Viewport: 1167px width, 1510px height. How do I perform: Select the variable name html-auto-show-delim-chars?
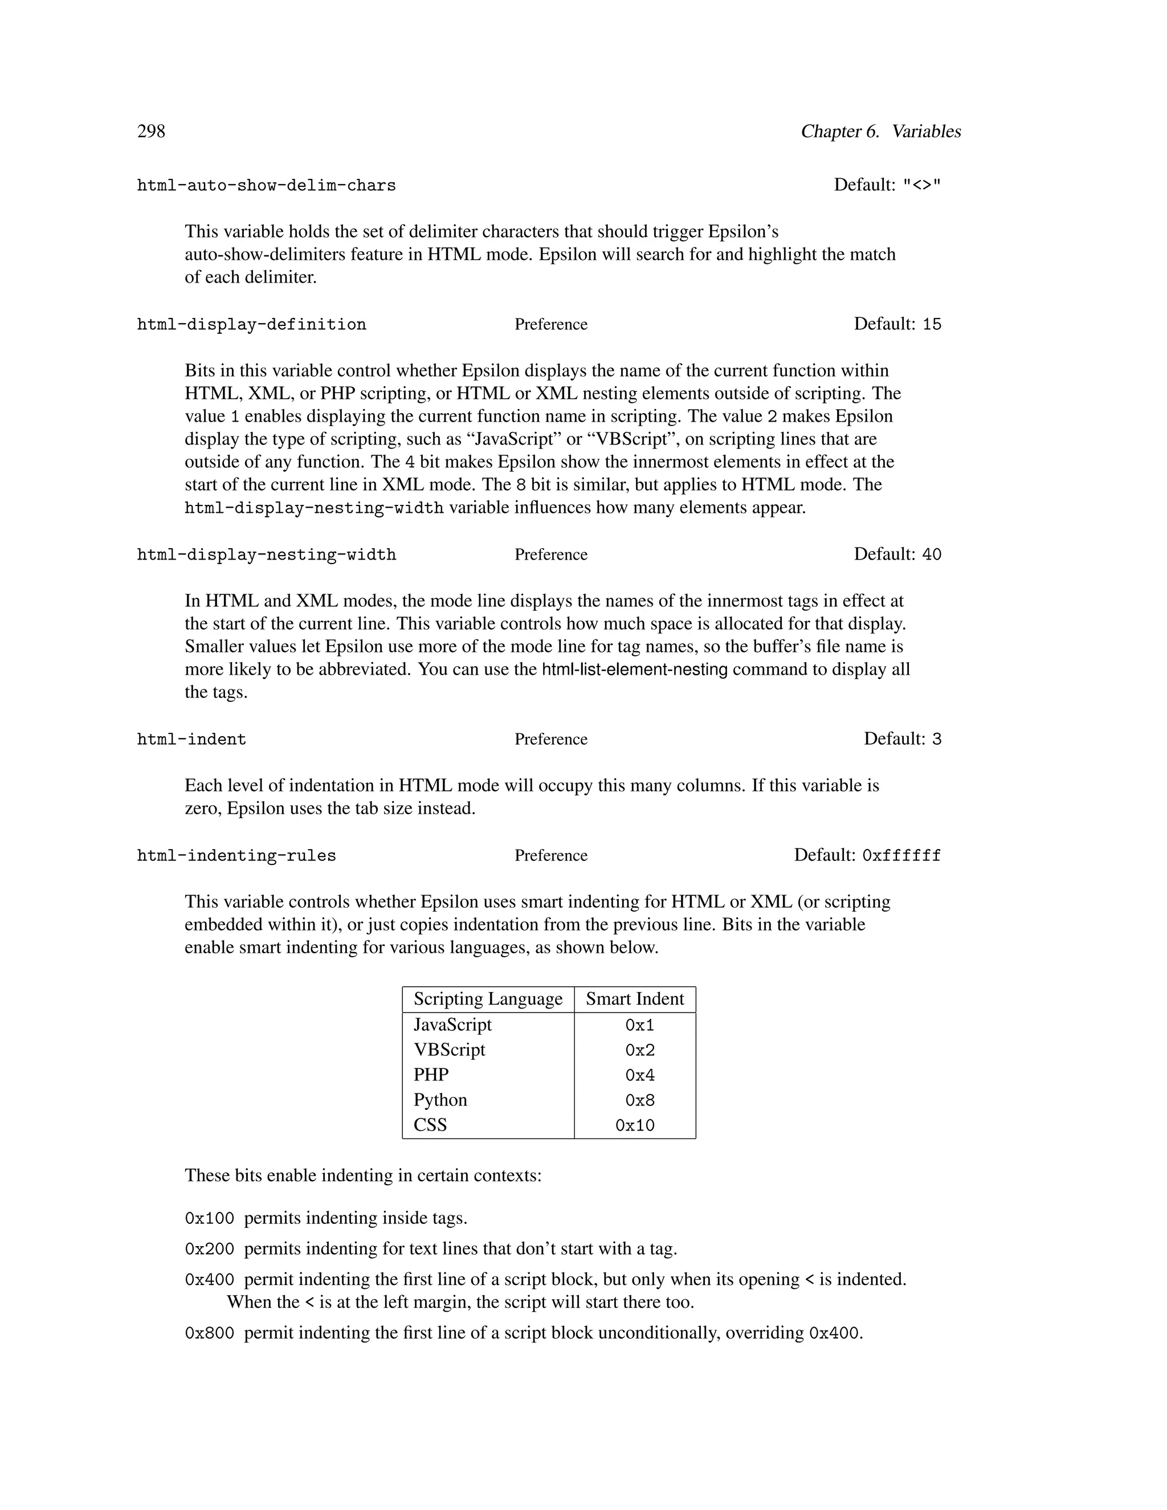(266, 185)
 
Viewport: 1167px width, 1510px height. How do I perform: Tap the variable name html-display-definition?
(252, 324)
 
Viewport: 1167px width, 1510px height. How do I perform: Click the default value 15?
(931, 324)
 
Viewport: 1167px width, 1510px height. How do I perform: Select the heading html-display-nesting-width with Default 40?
(266, 554)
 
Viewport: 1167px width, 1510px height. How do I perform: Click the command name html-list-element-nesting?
(635, 670)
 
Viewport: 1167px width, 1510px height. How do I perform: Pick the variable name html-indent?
(191, 739)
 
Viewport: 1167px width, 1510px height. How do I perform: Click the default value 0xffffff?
(901, 855)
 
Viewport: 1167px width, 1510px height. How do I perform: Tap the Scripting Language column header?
(488, 999)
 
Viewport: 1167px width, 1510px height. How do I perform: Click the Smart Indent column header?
(635, 999)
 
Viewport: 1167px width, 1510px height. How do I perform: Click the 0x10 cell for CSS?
(635, 1125)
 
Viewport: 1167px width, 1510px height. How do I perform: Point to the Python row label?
(440, 1100)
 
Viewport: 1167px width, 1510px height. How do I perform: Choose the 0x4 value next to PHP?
(639, 1075)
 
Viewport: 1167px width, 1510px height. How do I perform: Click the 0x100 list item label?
(210, 1218)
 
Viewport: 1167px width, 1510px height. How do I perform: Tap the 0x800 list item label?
(210, 1333)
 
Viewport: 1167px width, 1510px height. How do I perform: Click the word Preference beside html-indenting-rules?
(551, 855)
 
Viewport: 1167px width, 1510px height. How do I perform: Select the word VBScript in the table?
(450, 1050)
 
